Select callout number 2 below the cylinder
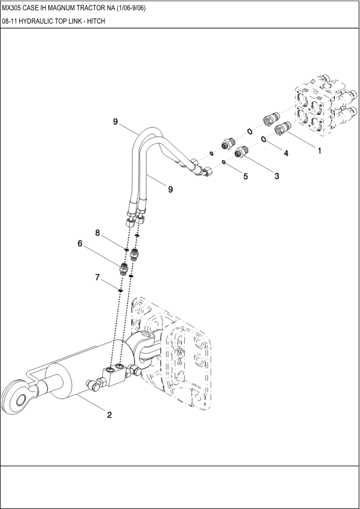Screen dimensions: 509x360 (109, 415)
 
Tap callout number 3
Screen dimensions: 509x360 (277, 177)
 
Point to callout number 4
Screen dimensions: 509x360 (286, 154)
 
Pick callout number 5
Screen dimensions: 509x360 (245, 177)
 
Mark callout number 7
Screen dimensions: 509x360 (97, 277)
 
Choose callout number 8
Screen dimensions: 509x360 (97, 233)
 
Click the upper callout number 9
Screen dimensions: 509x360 (115, 122)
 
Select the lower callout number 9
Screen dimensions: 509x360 (170, 189)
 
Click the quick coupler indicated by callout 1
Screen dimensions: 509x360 (283, 128)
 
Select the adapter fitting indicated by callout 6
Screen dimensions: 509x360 (124, 268)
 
